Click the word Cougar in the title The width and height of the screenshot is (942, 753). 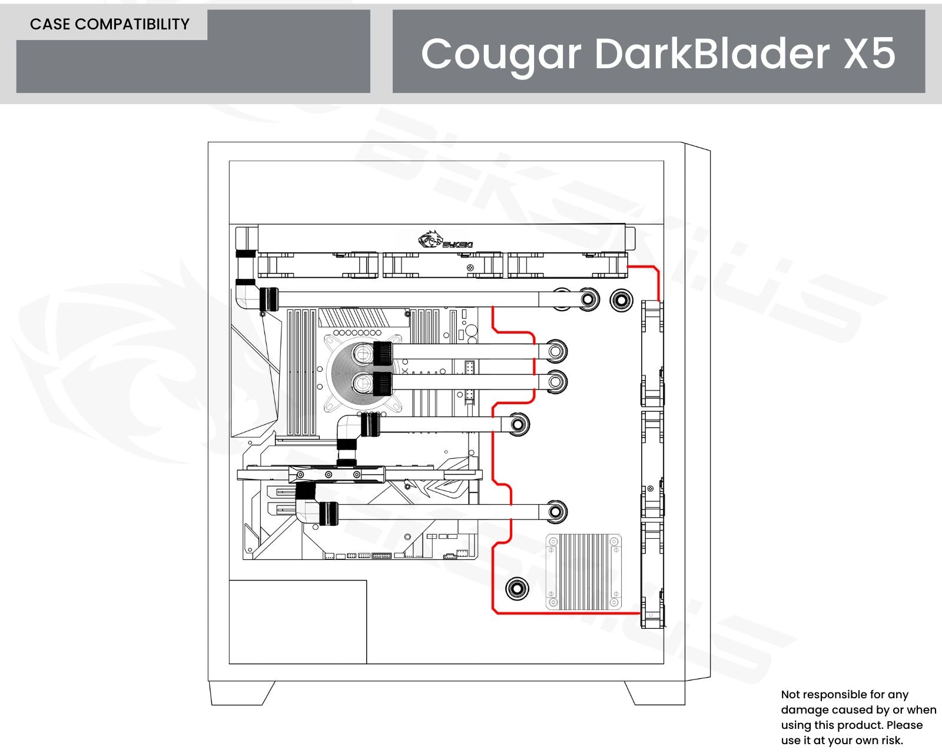point(500,54)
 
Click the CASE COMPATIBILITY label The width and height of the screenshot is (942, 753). point(110,24)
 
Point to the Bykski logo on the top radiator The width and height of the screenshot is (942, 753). point(446,241)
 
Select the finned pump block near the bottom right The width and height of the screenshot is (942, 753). point(583,571)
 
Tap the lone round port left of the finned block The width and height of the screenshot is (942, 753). point(517,588)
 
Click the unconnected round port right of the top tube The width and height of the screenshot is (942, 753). point(620,300)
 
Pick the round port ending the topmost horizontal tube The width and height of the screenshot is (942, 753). point(587,299)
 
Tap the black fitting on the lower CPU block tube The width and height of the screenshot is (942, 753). point(383,384)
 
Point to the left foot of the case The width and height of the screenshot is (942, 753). point(241,692)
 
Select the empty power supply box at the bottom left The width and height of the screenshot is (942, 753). point(297,622)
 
